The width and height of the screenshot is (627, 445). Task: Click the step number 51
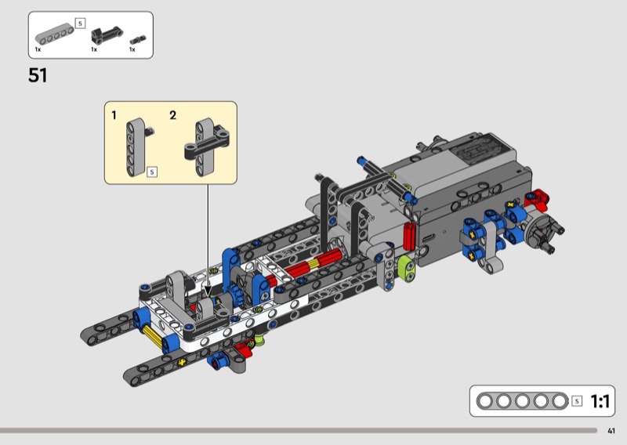point(38,75)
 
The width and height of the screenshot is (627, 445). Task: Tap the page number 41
point(611,431)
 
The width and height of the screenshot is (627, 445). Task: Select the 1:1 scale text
point(600,401)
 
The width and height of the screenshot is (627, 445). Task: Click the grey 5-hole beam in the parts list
point(54,34)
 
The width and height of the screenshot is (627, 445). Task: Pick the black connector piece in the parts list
point(107,35)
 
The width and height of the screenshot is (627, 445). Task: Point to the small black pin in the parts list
point(138,40)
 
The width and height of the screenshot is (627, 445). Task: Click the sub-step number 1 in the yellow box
point(114,115)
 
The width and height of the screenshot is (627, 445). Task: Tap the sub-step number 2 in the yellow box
point(172,115)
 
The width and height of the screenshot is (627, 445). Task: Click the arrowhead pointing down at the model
point(208,291)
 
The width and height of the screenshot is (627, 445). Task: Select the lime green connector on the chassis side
point(407,269)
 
